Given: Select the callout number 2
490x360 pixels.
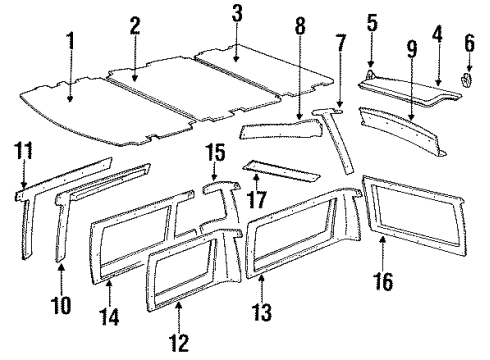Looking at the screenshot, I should point(134,24).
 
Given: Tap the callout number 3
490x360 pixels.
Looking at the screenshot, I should point(236,13).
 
